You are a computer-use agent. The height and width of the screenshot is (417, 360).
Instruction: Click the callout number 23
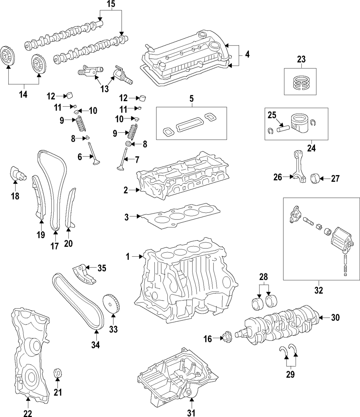[x=301, y=59]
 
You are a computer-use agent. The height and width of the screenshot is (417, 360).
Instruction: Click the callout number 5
[x=191, y=99]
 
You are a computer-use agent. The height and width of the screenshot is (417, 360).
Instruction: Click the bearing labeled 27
[x=315, y=178]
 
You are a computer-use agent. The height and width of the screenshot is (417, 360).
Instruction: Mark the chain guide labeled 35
[x=84, y=274]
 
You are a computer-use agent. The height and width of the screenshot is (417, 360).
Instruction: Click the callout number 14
[x=23, y=94]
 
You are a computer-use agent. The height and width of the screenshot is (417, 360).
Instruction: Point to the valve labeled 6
[x=94, y=154]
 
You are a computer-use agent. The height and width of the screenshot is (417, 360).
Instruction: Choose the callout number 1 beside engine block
[x=128, y=257]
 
